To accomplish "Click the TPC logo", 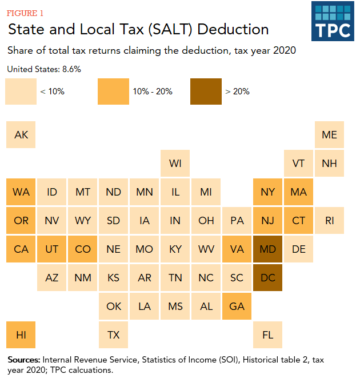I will point(332,21).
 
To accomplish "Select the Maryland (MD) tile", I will point(268,249).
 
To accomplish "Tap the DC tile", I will point(268,278).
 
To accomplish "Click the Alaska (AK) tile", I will point(21,135).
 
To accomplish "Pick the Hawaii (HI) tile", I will point(21,335).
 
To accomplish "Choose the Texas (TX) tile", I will point(114,335).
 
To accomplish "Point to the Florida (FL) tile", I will point(268,335).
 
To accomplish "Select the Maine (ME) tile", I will point(330,135).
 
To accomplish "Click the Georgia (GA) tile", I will point(237,307).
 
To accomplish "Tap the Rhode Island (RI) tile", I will point(330,221).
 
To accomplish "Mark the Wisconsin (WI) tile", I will point(175,164).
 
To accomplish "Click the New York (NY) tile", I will point(268,192).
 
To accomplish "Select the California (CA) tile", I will point(21,249).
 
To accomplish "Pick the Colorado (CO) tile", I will point(83,249).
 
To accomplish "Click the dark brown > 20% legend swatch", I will point(206,91).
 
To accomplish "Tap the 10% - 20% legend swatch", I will point(113,91).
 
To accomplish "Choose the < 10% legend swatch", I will point(21,91).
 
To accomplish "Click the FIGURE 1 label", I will point(25,13).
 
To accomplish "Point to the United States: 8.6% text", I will point(44,69).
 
